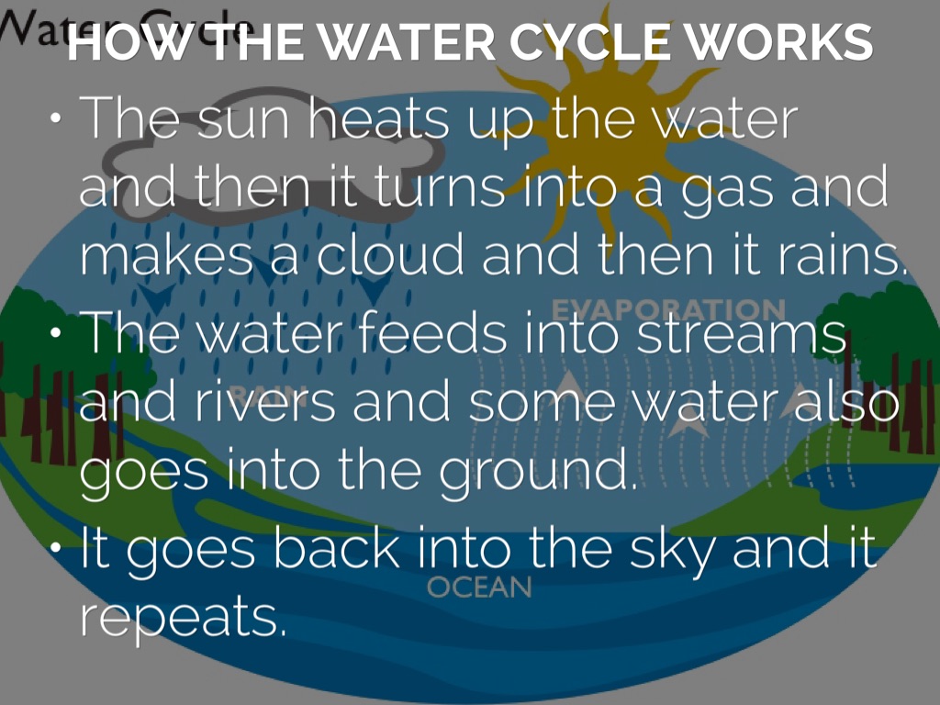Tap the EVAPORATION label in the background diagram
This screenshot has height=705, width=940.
(667, 309)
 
